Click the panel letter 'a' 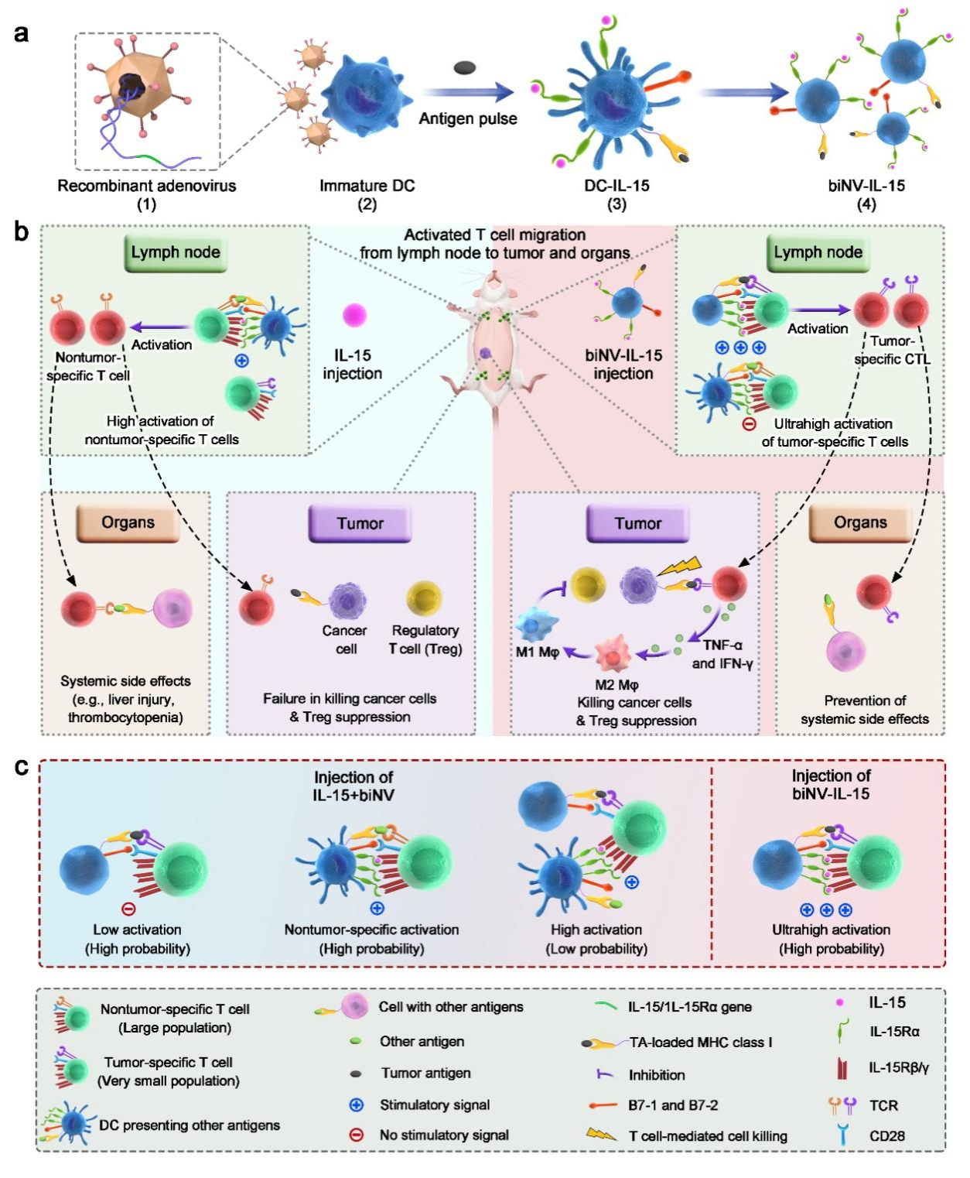(x=21, y=33)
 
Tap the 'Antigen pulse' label (x=467, y=118)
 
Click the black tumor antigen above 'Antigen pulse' (x=464, y=68)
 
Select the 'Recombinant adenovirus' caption (x=146, y=186)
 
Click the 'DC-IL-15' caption (x=616, y=186)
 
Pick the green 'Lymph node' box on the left (x=176, y=252)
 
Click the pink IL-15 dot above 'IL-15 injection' (x=354, y=315)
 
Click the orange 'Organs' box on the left (x=128, y=522)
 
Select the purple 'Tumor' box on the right (x=637, y=524)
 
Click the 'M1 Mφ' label (x=538, y=652)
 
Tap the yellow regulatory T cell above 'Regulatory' (x=424, y=598)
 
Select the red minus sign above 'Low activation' (x=129, y=909)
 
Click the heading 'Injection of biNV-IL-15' (x=831, y=784)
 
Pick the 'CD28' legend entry (x=886, y=1136)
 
